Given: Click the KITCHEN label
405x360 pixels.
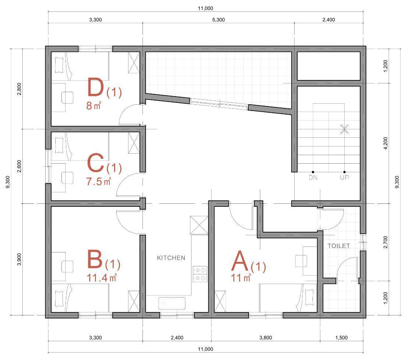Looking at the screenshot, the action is pyautogui.click(x=171, y=258).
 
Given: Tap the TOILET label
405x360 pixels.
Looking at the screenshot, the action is pyautogui.click(x=339, y=246).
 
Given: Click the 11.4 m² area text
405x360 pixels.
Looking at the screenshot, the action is pyautogui.click(x=102, y=278).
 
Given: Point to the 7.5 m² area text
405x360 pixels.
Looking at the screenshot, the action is pyautogui.click(x=99, y=181).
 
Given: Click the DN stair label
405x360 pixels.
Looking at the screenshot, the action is pyautogui.click(x=313, y=178).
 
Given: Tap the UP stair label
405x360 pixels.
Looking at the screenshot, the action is pyautogui.click(x=344, y=178).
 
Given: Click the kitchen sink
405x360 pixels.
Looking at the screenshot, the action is pyautogui.click(x=172, y=303).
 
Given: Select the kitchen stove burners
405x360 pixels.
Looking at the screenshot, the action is pyautogui.click(x=200, y=274).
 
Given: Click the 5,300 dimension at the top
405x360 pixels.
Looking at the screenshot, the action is pyautogui.click(x=218, y=20).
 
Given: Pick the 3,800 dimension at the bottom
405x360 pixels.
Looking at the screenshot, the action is pyautogui.click(x=265, y=338).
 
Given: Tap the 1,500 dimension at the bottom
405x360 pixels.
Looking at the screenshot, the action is pyautogui.click(x=341, y=338).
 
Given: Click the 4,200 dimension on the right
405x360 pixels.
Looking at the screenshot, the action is pyautogui.click(x=385, y=143).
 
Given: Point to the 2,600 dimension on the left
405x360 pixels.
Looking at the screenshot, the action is pyautogui.click(x=19, y=166).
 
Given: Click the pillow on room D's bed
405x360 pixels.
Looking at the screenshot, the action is pyautogui.click(x=59, y=65).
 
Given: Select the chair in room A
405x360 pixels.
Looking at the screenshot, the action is pyautogui.click(x=301, y=261).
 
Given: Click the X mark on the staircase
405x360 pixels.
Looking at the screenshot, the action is pyautogui.click(x=344, y=129).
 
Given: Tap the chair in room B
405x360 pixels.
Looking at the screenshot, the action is pyautogui.click(x=67, y=266).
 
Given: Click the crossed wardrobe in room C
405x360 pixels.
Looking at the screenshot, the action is pyautogui.click(x=134, y=143).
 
